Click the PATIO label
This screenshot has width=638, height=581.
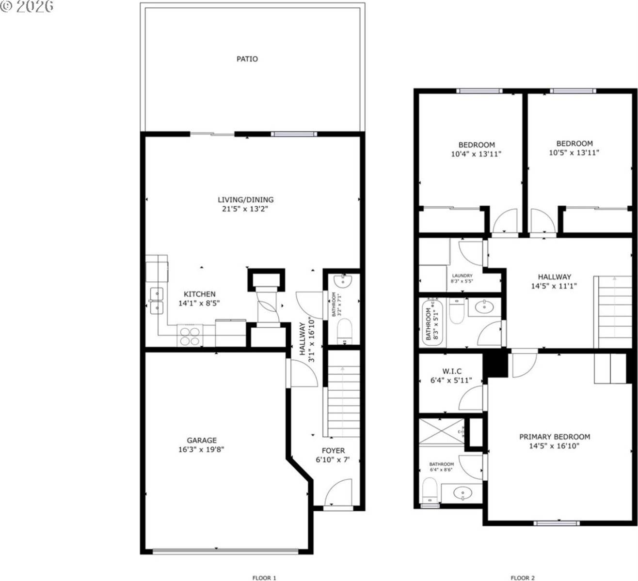coord(247,59)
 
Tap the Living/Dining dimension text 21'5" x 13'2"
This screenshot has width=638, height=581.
coord(245,209)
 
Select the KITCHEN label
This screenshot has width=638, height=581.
coord(199,294)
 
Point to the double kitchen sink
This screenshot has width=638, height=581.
coord(157,301)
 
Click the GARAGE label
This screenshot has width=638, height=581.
coord(202,440)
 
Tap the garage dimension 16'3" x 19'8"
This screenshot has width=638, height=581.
coord(201,449)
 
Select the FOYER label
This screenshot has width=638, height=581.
coord(333,450)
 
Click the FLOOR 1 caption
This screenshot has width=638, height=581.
coord(264,578)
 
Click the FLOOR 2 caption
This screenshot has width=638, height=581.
coord(523,578)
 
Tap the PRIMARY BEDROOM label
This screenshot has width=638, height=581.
coord(554,437)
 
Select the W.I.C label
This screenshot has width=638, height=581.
coord(451,371)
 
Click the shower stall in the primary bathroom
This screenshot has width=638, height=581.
coord(441,430)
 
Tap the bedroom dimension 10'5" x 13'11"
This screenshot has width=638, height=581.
coord(574,153)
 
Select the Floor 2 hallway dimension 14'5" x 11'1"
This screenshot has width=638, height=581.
coord(554,286)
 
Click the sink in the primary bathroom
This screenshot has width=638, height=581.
coord(463,493)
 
